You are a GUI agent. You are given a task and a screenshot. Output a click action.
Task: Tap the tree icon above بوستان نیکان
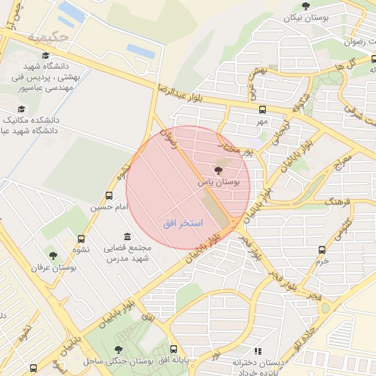[x=305, y=6]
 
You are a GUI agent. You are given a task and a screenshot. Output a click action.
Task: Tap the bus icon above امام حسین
[x=109, y=196]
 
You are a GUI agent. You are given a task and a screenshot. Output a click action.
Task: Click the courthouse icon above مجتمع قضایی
[x=128, y=236]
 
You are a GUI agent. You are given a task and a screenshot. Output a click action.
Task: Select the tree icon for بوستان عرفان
[x=52, y=256]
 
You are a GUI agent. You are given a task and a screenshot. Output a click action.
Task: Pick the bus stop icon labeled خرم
[x=321, y=249]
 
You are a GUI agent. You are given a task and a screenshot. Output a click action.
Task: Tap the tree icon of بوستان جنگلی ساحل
[x=118, y=350]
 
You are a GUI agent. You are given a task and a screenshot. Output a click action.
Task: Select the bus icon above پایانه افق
[x=174, y=350]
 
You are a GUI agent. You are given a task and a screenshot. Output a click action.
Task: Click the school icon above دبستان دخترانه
[x=257, y=352]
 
